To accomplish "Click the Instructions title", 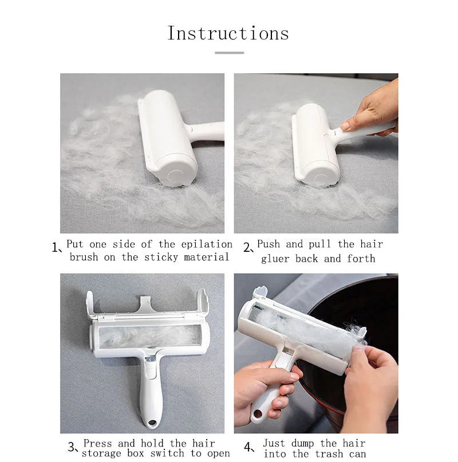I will (x=228, y=33).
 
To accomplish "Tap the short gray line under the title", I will (x=229, y=53).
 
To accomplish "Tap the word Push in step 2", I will (x=269, y=244).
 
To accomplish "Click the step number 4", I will (x=248, y=447).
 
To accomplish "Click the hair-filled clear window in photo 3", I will (x=143, y=335).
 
